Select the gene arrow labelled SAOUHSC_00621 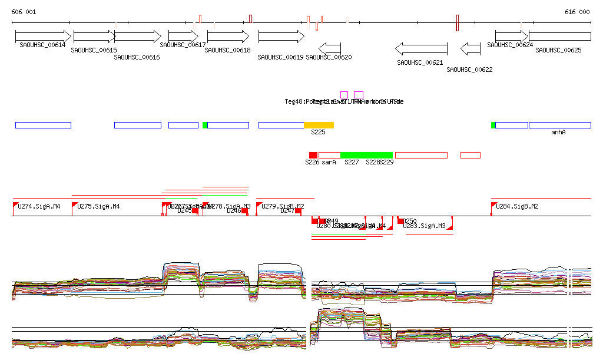coord(421,48)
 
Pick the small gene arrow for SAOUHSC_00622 coord(471,48)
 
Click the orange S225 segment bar coord(319,125)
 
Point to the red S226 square coord(313,155)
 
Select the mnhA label coord(558,133)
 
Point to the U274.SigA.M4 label coord(39,207)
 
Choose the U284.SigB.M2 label coord(517,207)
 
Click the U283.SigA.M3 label coord(424,226)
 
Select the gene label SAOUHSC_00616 coord(137,58)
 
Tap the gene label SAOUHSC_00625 coord(558,51)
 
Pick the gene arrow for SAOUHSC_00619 coord(281,36)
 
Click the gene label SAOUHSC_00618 coord(228,51)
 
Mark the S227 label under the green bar coord(352,162)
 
